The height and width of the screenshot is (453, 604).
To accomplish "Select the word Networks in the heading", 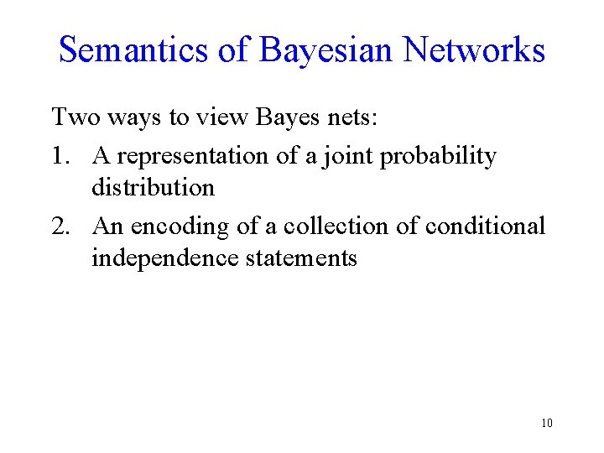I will coord(474,50).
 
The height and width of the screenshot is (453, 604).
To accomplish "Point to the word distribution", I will coord(153,187).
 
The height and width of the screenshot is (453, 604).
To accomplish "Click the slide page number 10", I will coord(547,423).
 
